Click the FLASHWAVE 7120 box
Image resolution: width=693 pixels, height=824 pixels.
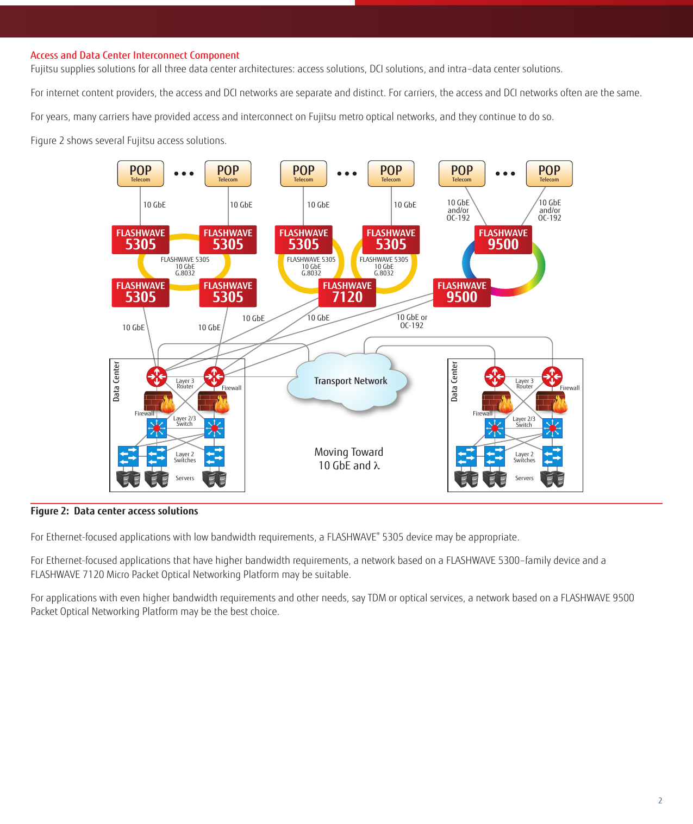click(x=347, y=293)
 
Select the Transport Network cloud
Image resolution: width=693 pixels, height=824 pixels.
click(x=350, y=381)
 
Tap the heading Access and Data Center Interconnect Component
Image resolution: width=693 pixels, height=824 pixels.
click(x=135, y=55)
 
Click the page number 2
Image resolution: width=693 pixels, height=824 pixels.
click(x=660, y=801)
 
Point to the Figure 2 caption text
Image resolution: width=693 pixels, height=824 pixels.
click(x=114, y=511)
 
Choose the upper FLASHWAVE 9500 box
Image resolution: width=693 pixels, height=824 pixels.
click(x=503, y=240)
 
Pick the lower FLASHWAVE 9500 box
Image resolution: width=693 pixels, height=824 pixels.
click(x=461, y=292)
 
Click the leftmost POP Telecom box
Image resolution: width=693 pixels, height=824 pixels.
click(x=140, y=173)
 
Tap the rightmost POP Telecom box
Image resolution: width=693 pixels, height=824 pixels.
click(x=549, y=173)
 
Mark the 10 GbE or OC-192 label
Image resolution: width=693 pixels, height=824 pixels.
click(x=411, y=321)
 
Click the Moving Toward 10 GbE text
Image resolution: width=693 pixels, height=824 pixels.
click(x=349, y=459)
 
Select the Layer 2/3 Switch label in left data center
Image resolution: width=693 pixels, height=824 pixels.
click(x=184, y=421)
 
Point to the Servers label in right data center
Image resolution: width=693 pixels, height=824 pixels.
click(x=524, y=479)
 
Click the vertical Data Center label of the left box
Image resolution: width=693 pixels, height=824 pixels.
click(x=116, y=381)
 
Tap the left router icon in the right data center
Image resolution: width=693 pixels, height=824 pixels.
click(x=495, y=376)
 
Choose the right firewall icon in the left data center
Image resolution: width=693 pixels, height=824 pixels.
click(x=213, y=401)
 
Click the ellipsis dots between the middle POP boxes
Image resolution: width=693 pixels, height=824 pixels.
click(x=347, y=174)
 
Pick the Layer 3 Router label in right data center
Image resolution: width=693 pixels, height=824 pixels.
click(x=525, y=383)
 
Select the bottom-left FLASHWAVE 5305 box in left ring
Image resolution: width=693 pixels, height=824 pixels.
click(x=140, y=292)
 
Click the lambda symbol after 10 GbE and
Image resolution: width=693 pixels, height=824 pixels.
click(x=377, y=466)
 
